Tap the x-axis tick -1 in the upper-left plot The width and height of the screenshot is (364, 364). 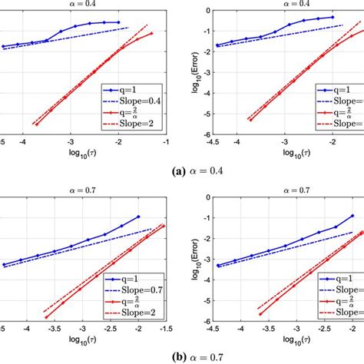click(164, 141)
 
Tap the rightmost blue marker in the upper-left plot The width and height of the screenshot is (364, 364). click(118, 23)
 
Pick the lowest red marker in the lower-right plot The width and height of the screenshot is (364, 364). click(260, 313)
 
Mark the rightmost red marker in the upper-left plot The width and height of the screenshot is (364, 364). click(152, 33)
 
